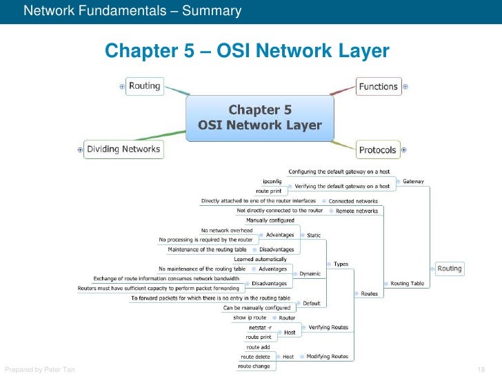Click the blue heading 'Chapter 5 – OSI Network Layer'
pos(247,52)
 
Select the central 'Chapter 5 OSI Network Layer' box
pos(260,118)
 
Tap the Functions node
pos(379,87)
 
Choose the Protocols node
pos(378,149)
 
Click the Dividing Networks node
pos(123,149)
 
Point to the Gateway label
pos(414,181)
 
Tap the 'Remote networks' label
pos(357,211)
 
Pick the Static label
pos(314,236)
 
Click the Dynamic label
pos(310,273)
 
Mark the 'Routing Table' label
pos(407,283)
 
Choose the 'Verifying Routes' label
pos(328,327)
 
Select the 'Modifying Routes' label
pos(328,357)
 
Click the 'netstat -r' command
pos(260,328)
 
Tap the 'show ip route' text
pos(249,317)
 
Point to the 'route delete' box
pos(255,357)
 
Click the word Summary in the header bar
pos(217,11)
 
